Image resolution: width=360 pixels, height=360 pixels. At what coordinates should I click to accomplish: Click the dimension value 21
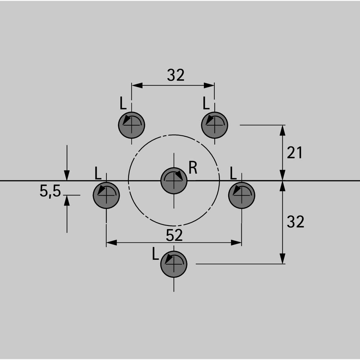tap(294, 153)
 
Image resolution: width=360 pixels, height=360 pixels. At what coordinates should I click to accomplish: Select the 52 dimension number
tap(174, 235)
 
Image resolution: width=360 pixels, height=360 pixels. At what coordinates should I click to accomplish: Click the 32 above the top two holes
tap(175, 75)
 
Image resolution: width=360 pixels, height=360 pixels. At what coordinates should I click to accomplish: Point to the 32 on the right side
tap(295, 222)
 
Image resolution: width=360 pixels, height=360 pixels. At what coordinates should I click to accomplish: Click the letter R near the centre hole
tap(193, 168)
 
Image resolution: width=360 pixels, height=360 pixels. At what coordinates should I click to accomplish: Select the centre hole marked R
tap(174, 181)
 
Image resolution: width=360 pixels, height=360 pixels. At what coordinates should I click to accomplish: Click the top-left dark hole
tap(131, 125)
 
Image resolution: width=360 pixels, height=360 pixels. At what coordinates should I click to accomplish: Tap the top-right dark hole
tap(214, 125)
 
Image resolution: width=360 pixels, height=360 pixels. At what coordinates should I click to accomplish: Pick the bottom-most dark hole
tap(174, 264)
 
